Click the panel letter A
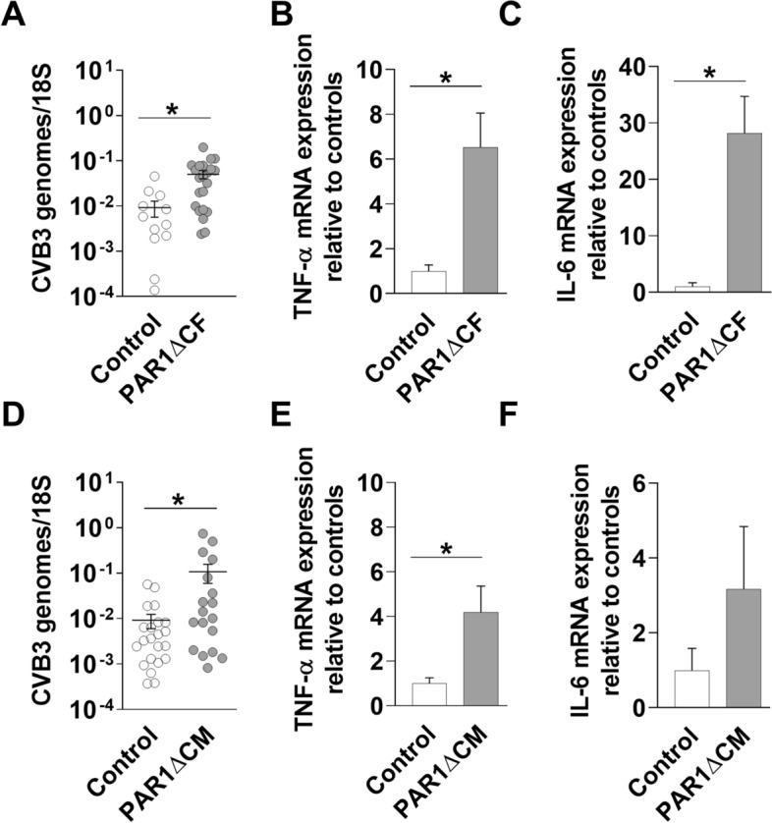(14, 17)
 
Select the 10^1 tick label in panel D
(98, 482)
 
